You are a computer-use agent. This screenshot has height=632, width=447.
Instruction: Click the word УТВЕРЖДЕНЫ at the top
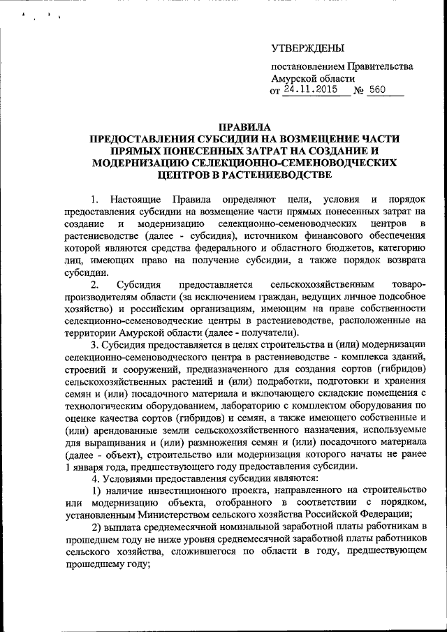tap(307, 48)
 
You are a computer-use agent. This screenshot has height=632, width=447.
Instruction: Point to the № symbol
tap(360, 91)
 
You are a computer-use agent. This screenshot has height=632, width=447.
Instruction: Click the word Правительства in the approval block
tap(375, 67)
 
